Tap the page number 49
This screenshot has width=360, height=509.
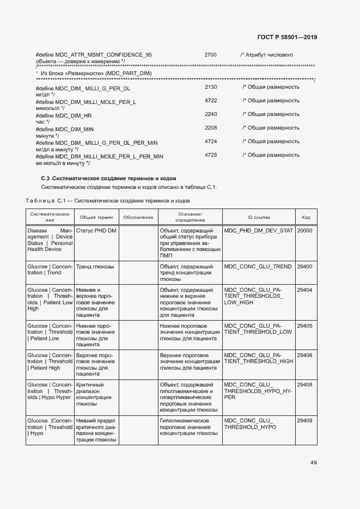coord(313,463)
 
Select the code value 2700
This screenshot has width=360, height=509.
coord(210,55)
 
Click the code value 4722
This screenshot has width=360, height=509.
coord(211,101)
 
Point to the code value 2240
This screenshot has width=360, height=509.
coord(211,114)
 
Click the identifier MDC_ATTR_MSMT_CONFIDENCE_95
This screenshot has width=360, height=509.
coord(94,55)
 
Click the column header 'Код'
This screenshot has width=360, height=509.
coord(306,217)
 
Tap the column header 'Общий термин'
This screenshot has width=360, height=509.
coord(96,217)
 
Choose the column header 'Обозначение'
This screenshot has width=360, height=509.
coord(138,217)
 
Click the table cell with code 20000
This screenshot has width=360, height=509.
coord(304,231)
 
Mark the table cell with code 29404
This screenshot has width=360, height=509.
coord(304,290)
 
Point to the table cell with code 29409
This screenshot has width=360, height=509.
coord(304,421)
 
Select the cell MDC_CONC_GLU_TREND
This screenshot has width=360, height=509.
coord(258,267)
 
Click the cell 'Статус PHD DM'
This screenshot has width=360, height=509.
coord(96,231)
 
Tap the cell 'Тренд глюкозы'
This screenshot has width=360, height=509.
coord(95,267)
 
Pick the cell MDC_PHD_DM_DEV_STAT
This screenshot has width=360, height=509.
coord(258,231)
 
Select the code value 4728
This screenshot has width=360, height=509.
coord(211,155)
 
